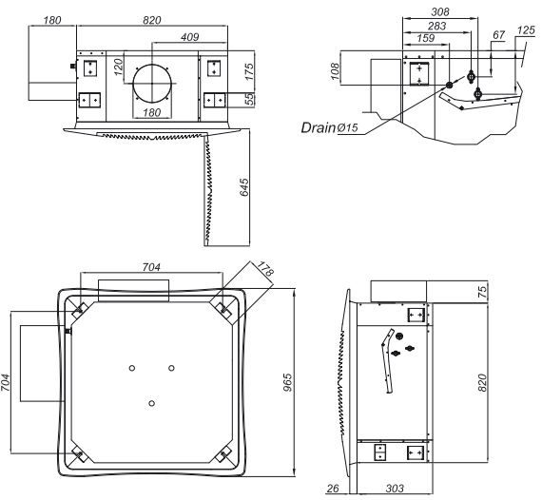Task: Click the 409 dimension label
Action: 190,37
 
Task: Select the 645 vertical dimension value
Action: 244,187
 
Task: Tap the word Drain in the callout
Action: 319,127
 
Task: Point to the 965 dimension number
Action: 287,382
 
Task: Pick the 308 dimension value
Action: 440,11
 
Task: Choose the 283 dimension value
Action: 436,26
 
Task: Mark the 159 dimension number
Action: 425,38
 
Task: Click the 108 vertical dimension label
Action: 335,71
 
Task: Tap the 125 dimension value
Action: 526,30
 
